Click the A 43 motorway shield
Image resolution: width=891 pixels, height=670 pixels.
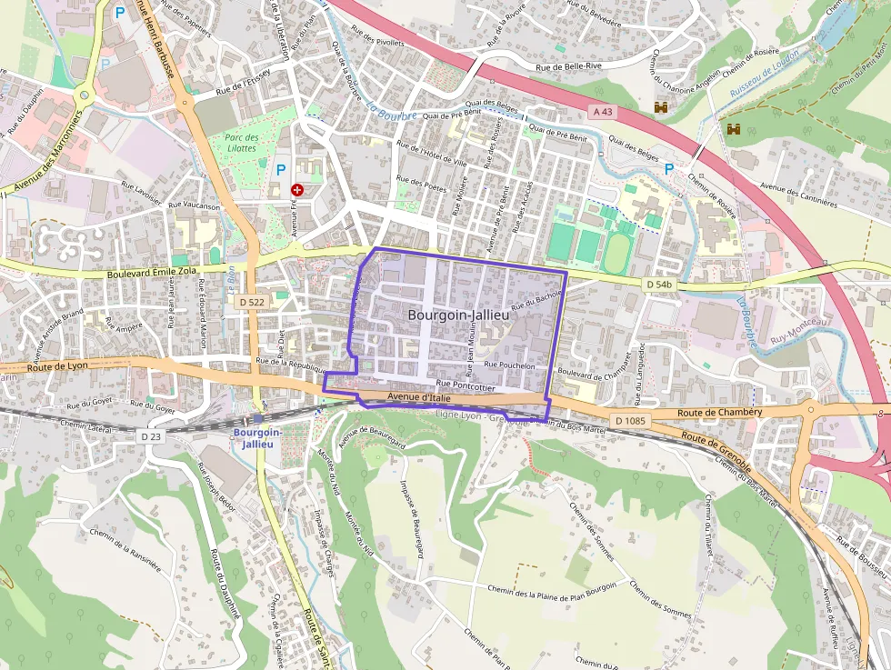[601, 111]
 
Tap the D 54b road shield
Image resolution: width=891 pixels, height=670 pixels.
[658, 285]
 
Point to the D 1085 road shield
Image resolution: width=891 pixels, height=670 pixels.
[629, 420]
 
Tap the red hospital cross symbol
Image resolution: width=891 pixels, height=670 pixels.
[297, 189]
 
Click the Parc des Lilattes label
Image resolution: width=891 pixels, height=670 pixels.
[241, 143]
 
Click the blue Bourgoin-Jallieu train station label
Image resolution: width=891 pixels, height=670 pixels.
[258, 437]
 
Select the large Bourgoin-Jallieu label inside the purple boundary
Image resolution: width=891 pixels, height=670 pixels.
[457, 315]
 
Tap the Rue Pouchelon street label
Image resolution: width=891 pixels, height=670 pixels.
[509, 365]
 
